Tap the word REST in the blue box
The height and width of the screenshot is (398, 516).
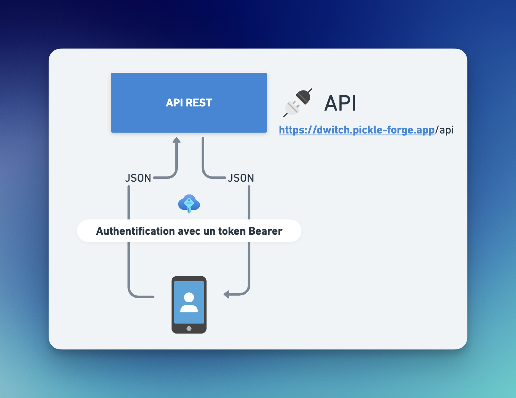point(199,103)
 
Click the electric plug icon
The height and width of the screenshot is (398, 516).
point(298,103)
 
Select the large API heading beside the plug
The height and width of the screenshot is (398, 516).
point(340,103)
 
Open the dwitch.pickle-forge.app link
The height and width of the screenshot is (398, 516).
point(357,130)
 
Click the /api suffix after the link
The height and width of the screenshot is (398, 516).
point(444,130)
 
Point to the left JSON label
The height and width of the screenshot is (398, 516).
point(138,178)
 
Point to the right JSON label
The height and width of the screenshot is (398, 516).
point(241,178)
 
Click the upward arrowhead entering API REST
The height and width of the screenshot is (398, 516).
point(177,140)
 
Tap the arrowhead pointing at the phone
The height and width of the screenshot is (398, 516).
point(226,295)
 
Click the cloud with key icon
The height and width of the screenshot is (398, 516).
point(189,204)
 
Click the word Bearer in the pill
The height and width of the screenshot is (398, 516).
point(266,231)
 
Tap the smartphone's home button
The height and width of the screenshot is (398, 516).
point(189,329)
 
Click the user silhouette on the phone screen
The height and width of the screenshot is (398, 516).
point(189,302)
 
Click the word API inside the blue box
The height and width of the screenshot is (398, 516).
point(174,103)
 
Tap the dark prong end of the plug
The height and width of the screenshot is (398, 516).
point(304,96)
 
